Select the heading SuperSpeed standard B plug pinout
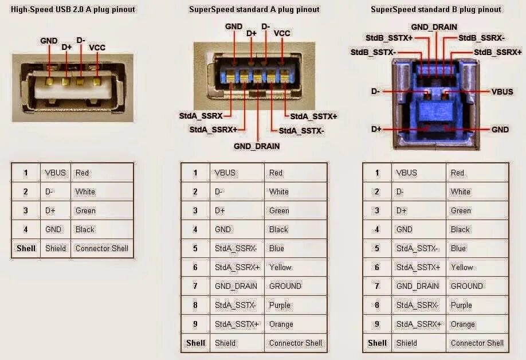435,9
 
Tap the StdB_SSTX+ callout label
389,38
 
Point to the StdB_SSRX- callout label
482,38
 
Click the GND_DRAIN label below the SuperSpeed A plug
257,146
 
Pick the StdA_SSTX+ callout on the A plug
313,116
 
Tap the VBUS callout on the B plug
502,92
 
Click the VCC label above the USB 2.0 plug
97,48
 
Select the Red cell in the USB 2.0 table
82,173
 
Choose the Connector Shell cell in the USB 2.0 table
102,248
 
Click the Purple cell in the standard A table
280,305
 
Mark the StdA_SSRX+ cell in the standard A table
237,267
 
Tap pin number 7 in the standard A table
195,286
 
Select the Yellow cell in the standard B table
462,267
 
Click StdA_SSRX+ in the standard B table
419,324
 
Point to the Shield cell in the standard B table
406,343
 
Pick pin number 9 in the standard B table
377,324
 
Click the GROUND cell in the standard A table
285,286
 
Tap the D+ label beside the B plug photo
376,130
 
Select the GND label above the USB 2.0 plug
49,41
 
